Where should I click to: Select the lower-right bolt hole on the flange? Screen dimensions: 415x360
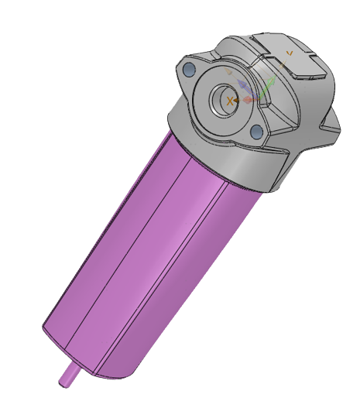pos(256,132)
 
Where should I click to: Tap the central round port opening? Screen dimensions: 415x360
pos(229,100)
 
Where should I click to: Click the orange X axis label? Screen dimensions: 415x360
pos(230,101)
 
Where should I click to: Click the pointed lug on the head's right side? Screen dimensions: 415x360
pos(334,124)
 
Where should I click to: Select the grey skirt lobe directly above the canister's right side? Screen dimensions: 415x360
pos(263,174)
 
